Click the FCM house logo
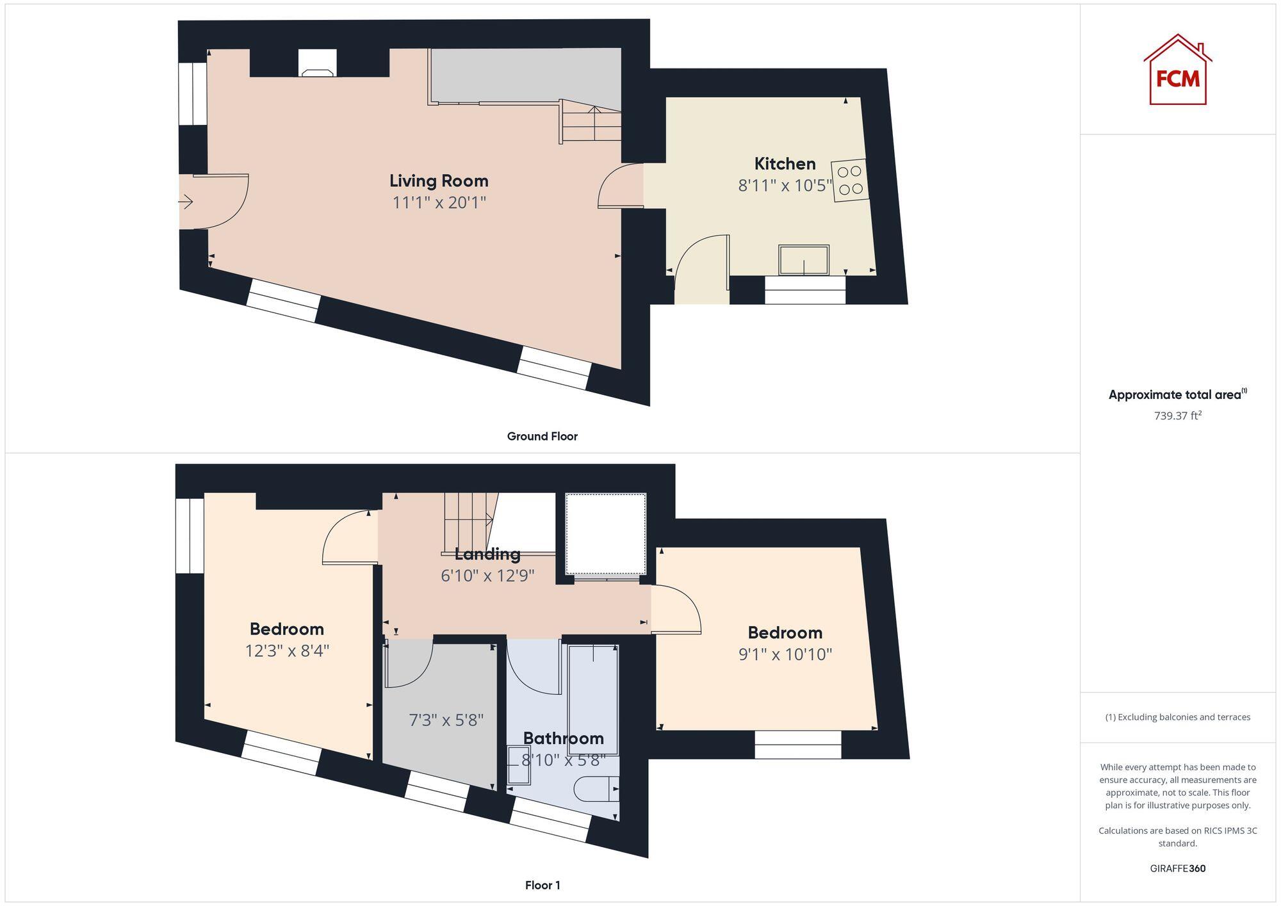(1177, 70)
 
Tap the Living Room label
(439, 181)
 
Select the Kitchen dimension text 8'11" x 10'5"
(785, 186)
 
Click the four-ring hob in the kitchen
(850, 181)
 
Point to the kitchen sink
(804, 260)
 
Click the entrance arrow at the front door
(186, 202)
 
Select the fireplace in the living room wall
(317, 63)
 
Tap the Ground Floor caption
(542, 436)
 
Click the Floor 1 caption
(543, 885)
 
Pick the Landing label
(487, 554)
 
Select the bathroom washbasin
(518, 765)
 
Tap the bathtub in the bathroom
(593, 698)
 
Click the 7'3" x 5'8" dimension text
(446, 720)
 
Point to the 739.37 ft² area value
(1177, 416)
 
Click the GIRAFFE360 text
(1177, 868)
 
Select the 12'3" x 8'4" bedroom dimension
(287, 651)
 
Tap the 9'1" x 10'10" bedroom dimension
(785, 654)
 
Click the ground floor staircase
(591, 125)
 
